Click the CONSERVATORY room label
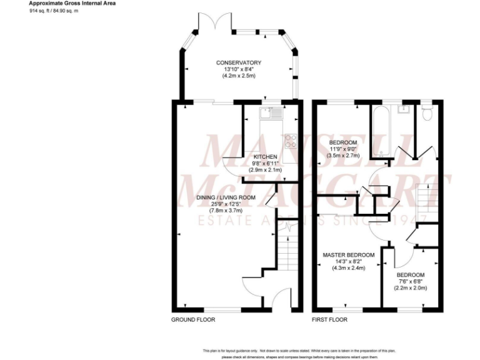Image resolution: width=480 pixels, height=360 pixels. coord(238,62)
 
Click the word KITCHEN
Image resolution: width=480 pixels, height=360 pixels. coord(265,156)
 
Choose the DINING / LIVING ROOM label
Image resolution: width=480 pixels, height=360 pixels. coord(226,197)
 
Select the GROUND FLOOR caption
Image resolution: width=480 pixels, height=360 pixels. coord(193,319)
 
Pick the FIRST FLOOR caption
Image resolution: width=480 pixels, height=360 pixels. coord(329,319)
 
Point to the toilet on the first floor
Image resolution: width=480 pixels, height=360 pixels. coord(427,113)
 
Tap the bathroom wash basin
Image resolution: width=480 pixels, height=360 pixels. coord(403,111)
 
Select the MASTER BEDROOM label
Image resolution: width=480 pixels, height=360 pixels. coord(348,255)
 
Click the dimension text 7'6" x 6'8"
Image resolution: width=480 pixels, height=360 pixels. coord(411,282)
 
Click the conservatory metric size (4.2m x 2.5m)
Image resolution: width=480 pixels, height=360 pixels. coord(238,76)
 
